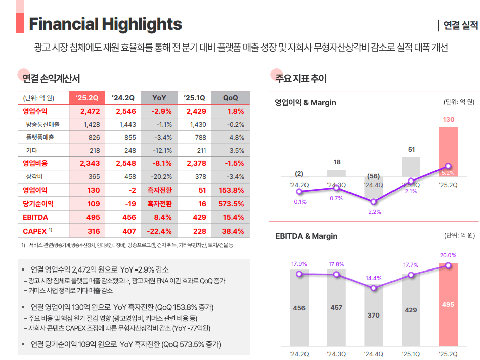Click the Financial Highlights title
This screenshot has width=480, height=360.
tap(105, 24)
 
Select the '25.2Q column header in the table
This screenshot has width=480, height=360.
tap(87, 98)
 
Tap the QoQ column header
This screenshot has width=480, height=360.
tap(230, 98)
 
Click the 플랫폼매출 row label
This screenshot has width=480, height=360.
tap(39, 138)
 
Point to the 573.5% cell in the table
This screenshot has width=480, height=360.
tap(230, 204)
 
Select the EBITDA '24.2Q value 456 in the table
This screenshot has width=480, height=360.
tap(125, 217)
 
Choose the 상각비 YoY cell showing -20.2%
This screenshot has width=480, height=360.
tap(161, 177)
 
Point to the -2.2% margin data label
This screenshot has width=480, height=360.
tap(373, 212)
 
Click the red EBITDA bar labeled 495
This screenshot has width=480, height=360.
tap(448, 305)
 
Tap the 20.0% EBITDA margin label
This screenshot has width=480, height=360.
tap(448, 255)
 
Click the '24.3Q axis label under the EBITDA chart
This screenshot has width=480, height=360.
tap(336, 353)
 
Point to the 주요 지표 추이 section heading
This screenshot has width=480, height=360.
tap(300, 79)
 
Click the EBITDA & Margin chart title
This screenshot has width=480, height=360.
tap(306, 236)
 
